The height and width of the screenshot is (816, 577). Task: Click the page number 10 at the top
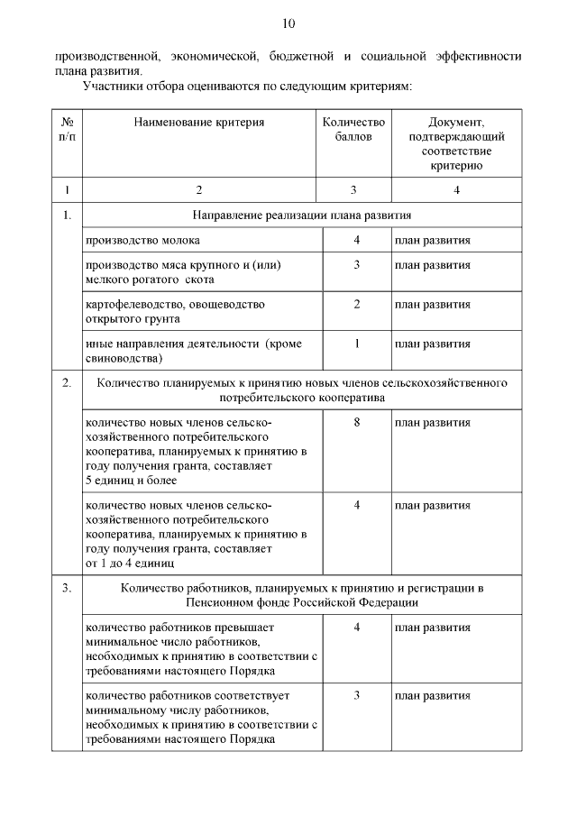[x=288, y=23]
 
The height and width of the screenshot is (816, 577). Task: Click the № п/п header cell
[x=67, y=129]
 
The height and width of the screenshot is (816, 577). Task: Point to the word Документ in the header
[x=456, y=122]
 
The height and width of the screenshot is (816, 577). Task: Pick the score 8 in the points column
[x=357, y=422]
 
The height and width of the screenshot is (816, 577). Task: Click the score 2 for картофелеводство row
[x=357, y=304]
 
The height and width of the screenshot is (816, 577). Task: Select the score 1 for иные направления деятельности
[x=357, y=344]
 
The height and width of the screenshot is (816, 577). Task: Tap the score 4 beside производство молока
[x=357, y=240]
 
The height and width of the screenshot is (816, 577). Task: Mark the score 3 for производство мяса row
[x=357, y=265]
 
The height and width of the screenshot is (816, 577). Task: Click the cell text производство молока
[x=143, y=241]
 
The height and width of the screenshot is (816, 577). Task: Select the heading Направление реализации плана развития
[x=302, y=215]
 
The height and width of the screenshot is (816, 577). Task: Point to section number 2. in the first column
[x=67, y=382]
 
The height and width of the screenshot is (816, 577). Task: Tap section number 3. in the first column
[x=67, y=589]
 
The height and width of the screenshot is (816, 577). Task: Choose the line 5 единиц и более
[x=131, y=481]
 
